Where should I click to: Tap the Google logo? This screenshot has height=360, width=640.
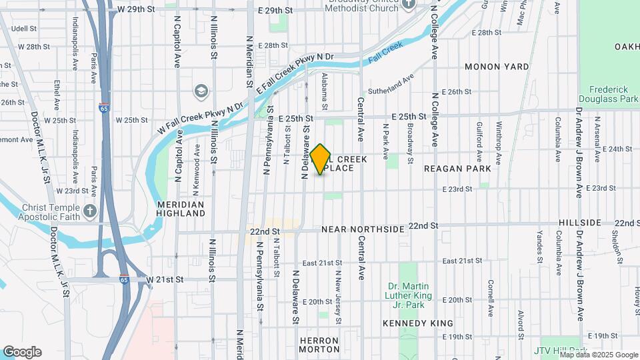(x=22, y=352)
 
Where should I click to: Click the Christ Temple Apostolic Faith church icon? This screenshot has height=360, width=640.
(x=90, y=211)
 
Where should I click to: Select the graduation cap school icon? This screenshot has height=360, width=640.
(x=201, y=91)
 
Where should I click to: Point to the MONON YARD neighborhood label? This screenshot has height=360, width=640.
(x=497, y=67)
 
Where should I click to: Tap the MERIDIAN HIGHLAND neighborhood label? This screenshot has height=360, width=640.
(x=181, y=209)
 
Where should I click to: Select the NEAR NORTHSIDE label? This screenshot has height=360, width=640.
(x=363, y=229)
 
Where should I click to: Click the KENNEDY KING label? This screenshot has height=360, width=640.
(x=418, y=323)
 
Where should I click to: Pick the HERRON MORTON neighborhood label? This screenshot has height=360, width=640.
(x=319, y=345)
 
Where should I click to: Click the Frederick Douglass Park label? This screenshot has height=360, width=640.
(x=609, y=94)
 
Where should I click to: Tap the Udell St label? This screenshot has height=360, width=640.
(x=23, y=29)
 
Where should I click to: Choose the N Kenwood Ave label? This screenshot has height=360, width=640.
(x=197, y=159)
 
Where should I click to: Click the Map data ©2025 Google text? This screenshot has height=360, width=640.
(x=598, y=355)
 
